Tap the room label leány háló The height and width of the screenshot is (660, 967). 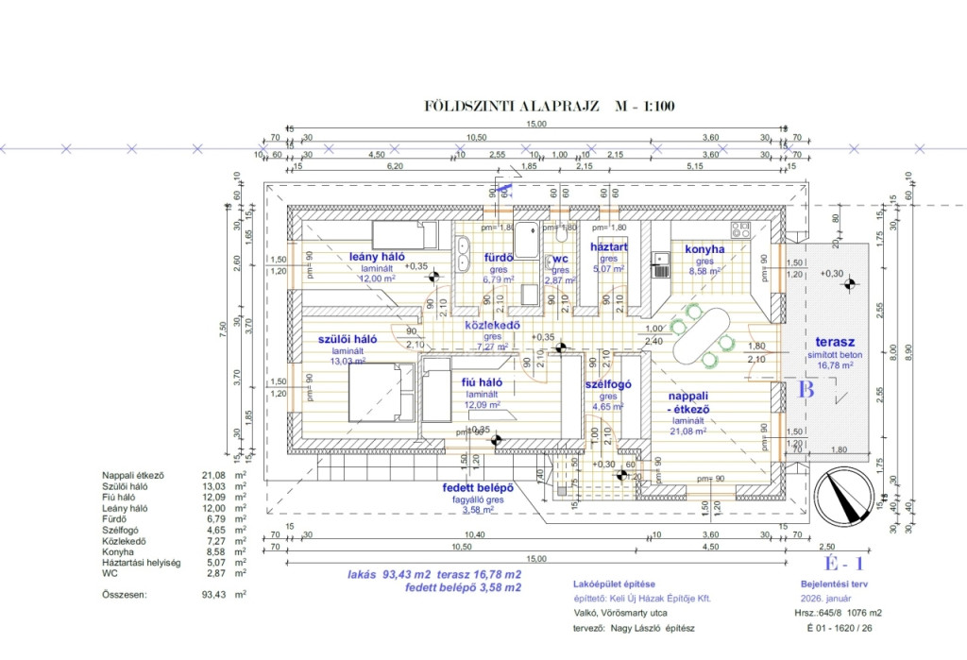pyautogui.click(x=377, y=256)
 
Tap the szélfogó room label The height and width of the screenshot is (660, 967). pyautogui.click(x=608, y=384)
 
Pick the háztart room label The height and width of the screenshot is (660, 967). pyautogui.click(x=609, y=246)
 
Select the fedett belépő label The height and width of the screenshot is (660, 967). pyautogui.click(x=478, y=488)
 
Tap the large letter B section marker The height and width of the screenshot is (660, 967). pyautogui.click(x=806, y=390)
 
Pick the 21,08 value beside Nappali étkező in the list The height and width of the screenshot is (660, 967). pyautogui.click(x=215, y=475)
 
